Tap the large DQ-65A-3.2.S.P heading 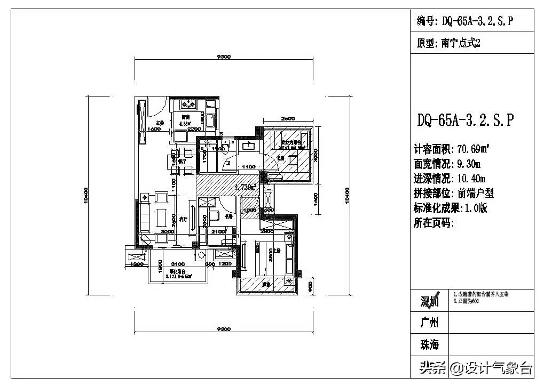coord(466,120)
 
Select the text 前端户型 coord(469,193)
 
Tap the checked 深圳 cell coord(429,301)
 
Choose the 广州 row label coord(429,323)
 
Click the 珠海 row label coord(429,345)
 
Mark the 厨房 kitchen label coord(186,117)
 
